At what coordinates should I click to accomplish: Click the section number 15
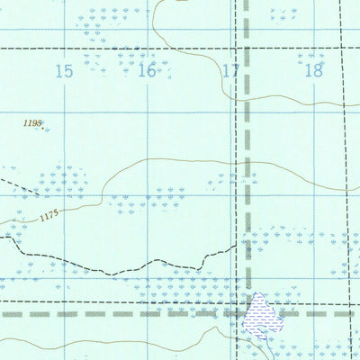pos(63,72)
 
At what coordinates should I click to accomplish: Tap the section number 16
pos(147,71)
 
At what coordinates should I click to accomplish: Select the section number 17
pos(230,71)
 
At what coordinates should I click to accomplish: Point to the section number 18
pos(312,71)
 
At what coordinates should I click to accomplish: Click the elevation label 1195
pos(32,121)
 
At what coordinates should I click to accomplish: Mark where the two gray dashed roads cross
pos(246,314)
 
